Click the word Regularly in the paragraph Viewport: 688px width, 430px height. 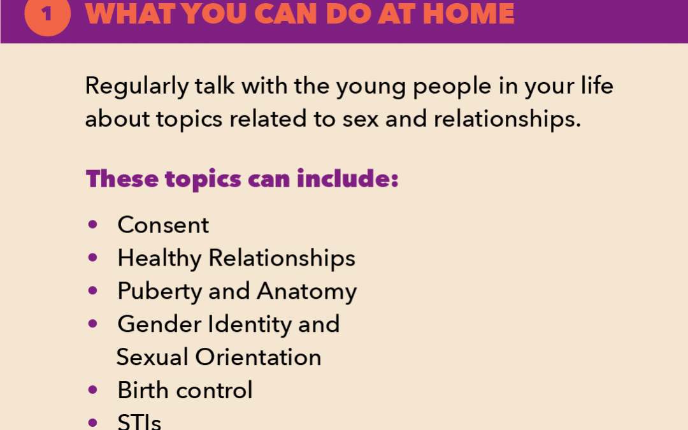pyautogui.click(x=136, y=86)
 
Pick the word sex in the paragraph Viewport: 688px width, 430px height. pyautogui.click(x=360, y=119)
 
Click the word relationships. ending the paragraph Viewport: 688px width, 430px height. pyautogui.click(x=507, y=119)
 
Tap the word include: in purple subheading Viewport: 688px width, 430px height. pyautogui.click(x=348, y=178)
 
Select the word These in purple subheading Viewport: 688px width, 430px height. pyautogui.click(x=122, y=178)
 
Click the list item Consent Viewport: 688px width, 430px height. pyautogui.click(x=163, y=225)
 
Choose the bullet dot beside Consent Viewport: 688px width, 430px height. pyautogui.click(x=92, y=225)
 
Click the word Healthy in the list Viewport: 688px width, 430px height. pyautogui.click(x=159, y=258)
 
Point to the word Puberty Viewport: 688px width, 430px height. pyautogui.click(x=159, y=291)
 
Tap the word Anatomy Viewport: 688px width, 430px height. pyautogui.click(x=307, y=291)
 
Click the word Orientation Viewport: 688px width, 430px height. pyautogui.click(x=259, y=357)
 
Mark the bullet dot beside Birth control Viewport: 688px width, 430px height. pyautogui.click(x=92, y=390)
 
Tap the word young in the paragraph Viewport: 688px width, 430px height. pyautogui.click(x=371, y=87)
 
